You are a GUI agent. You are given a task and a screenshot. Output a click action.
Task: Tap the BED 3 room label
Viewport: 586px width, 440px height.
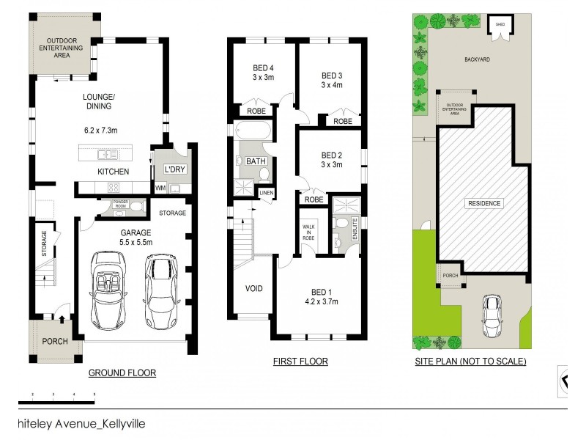point(332,76)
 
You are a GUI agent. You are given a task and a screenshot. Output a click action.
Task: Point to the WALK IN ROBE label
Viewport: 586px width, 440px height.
point(308,232)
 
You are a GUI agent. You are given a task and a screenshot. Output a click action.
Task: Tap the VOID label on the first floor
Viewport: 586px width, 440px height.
point(253,288)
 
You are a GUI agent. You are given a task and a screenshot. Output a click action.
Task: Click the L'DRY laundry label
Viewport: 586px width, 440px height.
point(174,169)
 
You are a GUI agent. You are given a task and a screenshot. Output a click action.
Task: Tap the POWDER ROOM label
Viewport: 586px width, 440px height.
point(119,205)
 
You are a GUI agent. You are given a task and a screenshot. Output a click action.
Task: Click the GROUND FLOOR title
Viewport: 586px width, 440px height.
point(122,373)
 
